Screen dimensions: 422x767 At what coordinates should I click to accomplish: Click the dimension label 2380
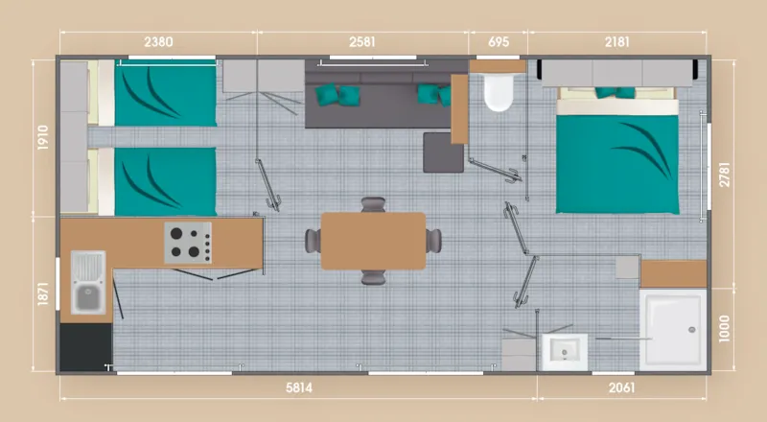coord(159,41)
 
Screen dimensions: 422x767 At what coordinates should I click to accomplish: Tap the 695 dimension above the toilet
coord(499,41)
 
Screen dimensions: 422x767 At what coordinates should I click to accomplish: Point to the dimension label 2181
coord(617,41)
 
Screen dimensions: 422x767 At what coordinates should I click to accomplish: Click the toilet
coord(499,90)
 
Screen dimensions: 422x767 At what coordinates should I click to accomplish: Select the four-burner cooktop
coord(187,243)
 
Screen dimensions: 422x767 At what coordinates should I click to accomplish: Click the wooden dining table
coord(373,241)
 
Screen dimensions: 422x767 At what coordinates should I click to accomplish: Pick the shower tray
coord(674,328)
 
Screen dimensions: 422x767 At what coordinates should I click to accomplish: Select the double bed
coord(618,152)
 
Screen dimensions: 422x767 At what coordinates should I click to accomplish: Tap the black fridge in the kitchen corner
coord(85,346)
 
